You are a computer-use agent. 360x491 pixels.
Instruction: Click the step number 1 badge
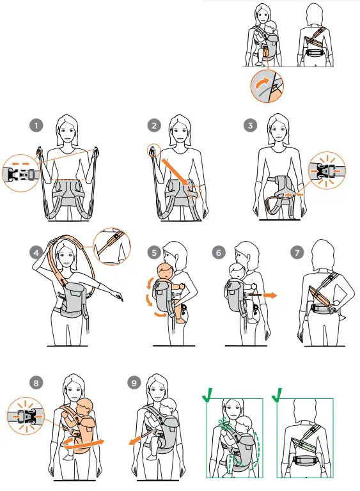36,126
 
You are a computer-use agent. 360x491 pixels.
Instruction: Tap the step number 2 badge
154,126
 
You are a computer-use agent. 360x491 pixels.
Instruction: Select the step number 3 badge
250,126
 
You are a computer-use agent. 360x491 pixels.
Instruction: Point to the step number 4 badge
36,253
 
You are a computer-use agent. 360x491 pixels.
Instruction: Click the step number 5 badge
154,253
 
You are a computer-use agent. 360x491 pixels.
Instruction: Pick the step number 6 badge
219,253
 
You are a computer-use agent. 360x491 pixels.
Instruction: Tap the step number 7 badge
297,253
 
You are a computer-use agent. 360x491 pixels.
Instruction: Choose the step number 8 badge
36,383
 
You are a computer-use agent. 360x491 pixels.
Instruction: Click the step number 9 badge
134,383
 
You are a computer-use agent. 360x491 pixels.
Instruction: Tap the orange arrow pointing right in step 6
270,295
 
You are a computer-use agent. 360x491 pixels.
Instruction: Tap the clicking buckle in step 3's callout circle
327,171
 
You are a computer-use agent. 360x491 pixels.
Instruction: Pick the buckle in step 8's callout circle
26,416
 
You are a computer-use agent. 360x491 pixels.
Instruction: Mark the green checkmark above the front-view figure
208,394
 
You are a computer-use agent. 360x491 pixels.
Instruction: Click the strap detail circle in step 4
111,246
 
